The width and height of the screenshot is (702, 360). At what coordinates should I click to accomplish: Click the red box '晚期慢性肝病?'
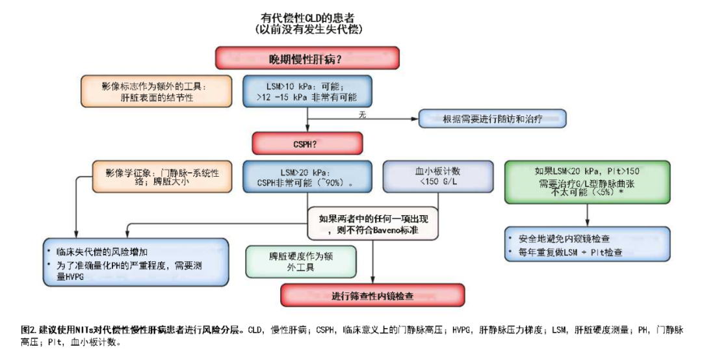[x=307, y=60]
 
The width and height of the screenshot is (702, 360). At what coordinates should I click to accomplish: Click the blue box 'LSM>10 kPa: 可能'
[x=307, y=92]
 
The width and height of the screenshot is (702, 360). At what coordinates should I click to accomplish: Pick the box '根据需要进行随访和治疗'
[x=492, y=119]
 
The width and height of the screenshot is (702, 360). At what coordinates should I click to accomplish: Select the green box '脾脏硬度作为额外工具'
[x=291, y=261]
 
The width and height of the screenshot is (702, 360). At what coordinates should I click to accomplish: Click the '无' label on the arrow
[x=363, y=114]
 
